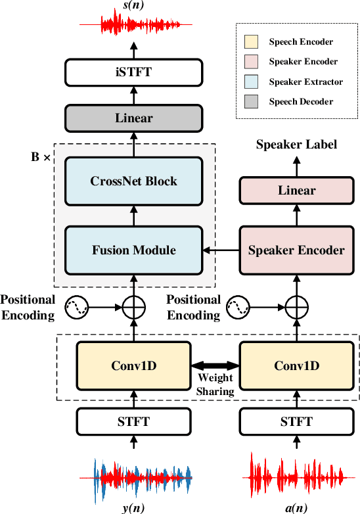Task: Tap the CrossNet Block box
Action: coord(134,181)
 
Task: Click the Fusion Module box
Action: coord(134,250)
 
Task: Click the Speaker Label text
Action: coord(296,145)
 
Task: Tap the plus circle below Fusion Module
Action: coord(134,306)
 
